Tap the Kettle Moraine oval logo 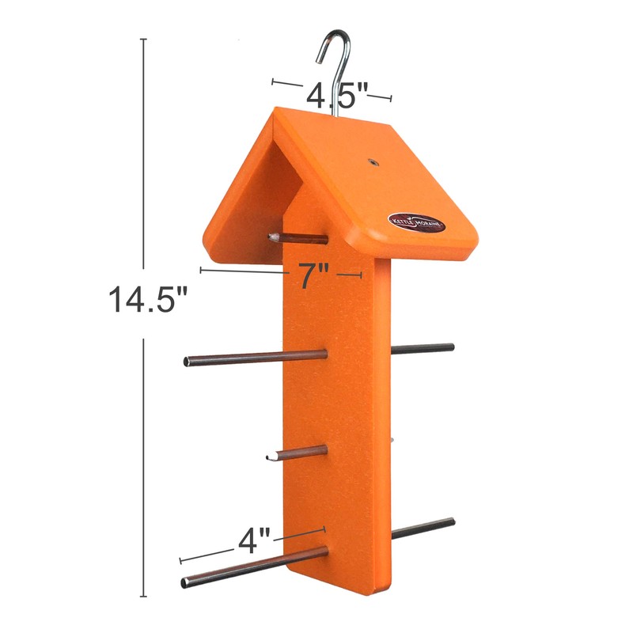point(416,222)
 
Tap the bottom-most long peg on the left point(253,567)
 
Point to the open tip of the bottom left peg point(185,585)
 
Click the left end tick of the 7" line point(201,270)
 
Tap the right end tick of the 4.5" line point(391,98)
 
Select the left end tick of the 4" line point(181,560)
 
